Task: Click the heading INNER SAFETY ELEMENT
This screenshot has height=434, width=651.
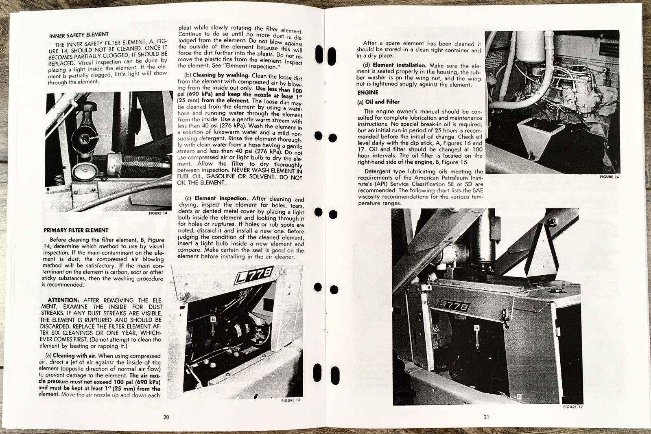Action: point(79,35)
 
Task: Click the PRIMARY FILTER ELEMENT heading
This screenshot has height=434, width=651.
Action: point(76,230)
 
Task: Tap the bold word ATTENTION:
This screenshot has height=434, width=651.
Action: point(63,300)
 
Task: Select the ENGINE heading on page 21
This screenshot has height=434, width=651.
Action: point(367,92)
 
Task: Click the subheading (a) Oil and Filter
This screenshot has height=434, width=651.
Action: point(378,102)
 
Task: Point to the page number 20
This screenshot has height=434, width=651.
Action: point(166,417)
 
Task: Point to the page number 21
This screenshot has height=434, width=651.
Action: point(486,416)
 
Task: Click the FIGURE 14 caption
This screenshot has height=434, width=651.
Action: point(158,213)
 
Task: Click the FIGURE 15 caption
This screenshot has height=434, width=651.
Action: point(291,400)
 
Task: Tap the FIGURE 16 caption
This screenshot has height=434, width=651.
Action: point(609,177)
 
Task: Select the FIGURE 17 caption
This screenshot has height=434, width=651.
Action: point(572,407)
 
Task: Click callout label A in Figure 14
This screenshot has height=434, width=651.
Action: point(106,135)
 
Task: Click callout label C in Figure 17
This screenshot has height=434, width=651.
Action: point(519,396)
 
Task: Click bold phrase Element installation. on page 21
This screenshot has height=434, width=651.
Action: point(399,65)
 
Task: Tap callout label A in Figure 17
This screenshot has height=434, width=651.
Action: point(477,327)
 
